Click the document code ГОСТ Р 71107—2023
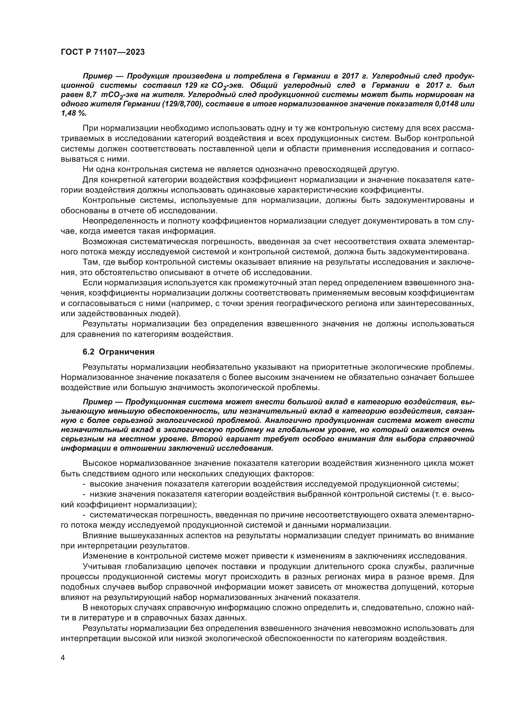(x=103, y=52)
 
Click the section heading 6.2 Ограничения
(x=118, y=352)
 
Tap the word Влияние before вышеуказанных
(x=99, y=536)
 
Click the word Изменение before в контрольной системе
(x=103, y=556)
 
